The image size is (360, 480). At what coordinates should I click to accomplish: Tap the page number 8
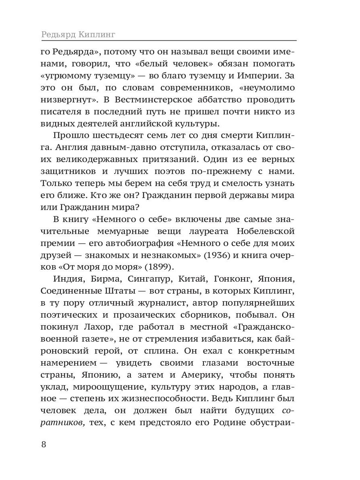pos(44,445)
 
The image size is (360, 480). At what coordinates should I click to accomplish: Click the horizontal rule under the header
pos(168,40)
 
